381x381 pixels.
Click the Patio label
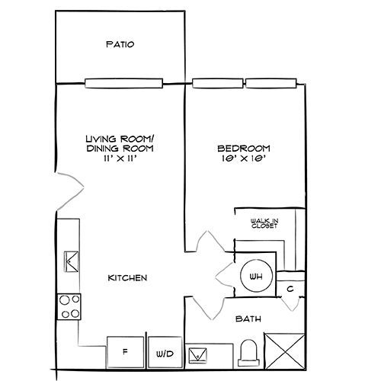click(x=120, y=44)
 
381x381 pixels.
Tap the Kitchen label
click(x=126, y=277)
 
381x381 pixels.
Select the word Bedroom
click(x=243, y=149)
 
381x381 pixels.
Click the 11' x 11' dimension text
click(x=120, y=159)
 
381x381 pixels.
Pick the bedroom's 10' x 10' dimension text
click(x=243, y=160)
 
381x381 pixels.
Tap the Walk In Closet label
click(x=264, y=223)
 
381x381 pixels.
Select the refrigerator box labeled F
click(x=124, y=352)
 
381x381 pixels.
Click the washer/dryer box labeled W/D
click(x=165, y=353)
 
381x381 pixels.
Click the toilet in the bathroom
click(x=247, y=354)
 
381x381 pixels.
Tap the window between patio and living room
click(x=123, y=82)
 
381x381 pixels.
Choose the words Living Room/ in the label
click(x=120, y=138)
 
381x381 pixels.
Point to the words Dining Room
click(x=120, y=149)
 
